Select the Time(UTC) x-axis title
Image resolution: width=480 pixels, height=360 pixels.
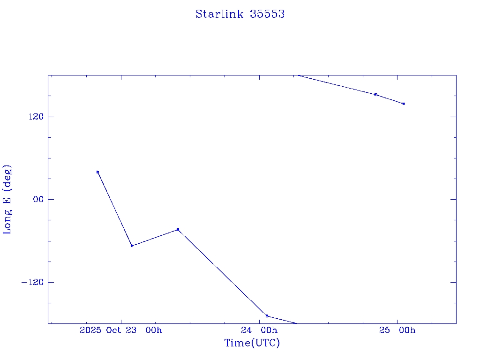point(252,343)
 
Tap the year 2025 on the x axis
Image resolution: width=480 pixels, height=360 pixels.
point(91,330)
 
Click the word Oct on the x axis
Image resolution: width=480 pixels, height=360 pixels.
point(114,330)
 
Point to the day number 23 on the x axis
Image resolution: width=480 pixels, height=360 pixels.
point(131,330)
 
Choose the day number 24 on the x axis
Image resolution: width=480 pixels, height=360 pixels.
point(247,330)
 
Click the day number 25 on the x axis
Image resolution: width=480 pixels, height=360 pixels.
point(385,330)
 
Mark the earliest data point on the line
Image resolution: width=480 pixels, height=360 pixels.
point(97,172)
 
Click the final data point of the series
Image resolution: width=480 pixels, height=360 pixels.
point(404,104)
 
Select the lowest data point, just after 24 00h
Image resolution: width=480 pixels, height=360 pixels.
point(267,316)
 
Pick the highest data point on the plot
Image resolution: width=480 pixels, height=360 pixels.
point(376,95)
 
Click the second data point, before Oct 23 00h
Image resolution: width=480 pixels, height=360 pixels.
point(132,246)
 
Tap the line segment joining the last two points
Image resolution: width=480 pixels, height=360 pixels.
point(390,99)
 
